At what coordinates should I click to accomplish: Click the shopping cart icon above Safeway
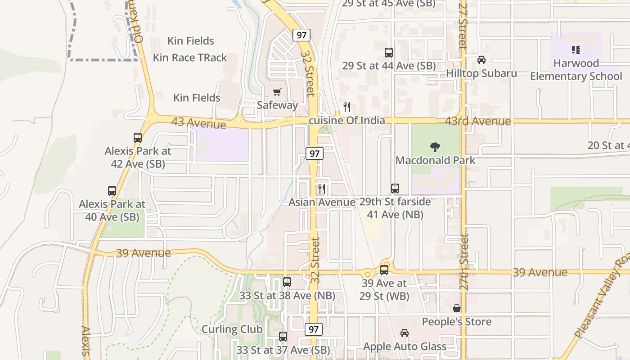pyautogui.click(x=277, y=92)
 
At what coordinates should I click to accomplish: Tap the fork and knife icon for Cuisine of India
pyautogui.click(x=347, y=107)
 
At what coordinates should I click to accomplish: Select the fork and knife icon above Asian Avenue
pyautogui.click(x=321, y=189)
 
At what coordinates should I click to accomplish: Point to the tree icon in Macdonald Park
pyautogui.click(x=435, y=147)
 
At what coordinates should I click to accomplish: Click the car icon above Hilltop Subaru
pyautogui.click(x=481, y=60)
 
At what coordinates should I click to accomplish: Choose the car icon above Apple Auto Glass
pyautogui.click(x=404, y=333)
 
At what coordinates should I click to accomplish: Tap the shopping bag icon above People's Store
pyautogui.click(x=457, y=308)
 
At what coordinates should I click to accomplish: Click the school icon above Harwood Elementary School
pyautogui.click(x=576, y=49)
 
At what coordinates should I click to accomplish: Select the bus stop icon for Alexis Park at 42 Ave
pyautogui.click(x=138, y=138)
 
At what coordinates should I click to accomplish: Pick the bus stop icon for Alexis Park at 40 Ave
pyautogui.click(x=112, y=191)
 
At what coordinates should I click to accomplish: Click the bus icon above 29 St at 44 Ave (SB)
pyautogui.click(x=389, y=53)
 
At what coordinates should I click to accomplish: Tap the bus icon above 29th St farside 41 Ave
pyautogui.click(x=395, y=189)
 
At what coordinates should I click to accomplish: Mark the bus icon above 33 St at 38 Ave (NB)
pyautogui.click(x=287, y=282)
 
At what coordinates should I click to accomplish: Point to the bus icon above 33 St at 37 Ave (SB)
pyautogui.click(x=283, y=336)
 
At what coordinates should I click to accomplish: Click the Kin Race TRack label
pyautogui.click(x=190, y=58)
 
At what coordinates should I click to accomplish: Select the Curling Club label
pyautogui.click(x=232, y=329)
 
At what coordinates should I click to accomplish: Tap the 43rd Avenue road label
pyautogui.click(x=478, y=121)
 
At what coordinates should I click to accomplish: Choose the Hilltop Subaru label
pyautogui.click(x=481, y=73)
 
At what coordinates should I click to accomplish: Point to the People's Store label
pyautogui.click(x=456, y=322)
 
